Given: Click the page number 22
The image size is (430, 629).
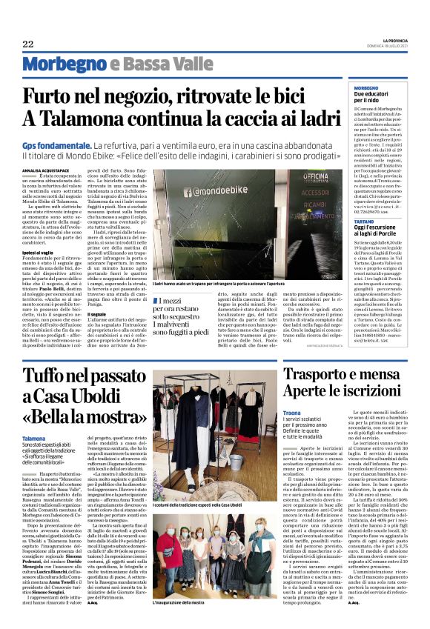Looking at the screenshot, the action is coord(27,44).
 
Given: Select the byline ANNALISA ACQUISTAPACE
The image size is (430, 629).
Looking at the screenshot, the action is coord(47,169).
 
